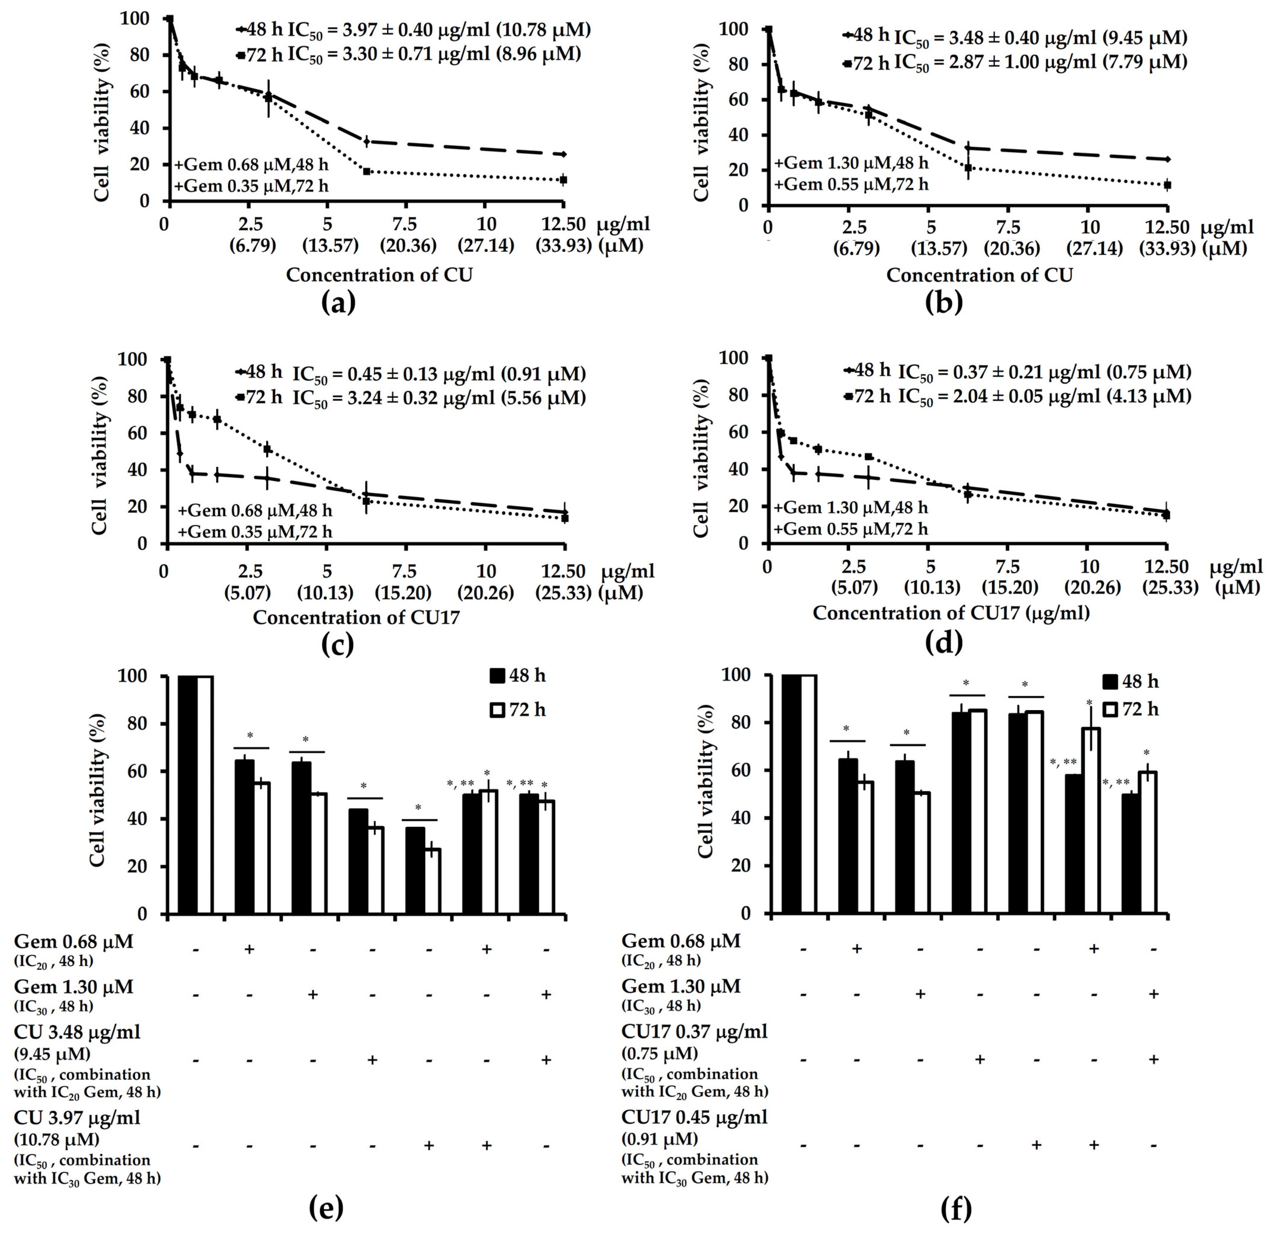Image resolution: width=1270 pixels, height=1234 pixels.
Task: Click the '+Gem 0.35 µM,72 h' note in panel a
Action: click(251, 186)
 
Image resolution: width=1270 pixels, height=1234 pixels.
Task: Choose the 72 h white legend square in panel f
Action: click(1110, 710)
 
